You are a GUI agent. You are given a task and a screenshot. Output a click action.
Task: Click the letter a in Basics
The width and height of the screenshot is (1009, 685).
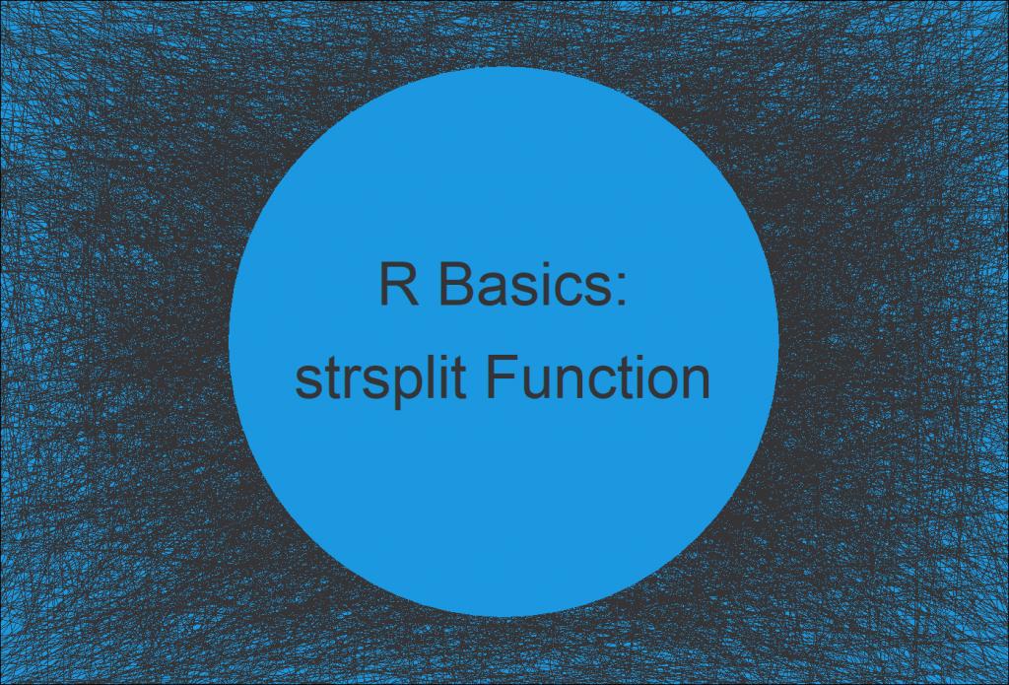click(486, 293)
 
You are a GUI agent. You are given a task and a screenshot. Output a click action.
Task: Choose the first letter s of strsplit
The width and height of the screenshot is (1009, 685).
click(306, 384)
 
